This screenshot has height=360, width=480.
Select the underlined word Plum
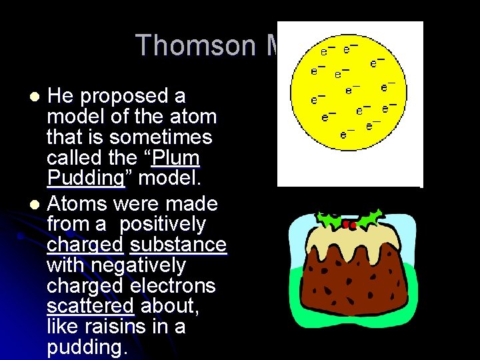point(176,159)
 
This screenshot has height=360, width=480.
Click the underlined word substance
point(178,245)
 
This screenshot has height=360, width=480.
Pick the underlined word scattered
point(91,307)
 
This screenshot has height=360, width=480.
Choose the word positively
point(163,224)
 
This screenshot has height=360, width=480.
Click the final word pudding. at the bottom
point(87,348)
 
